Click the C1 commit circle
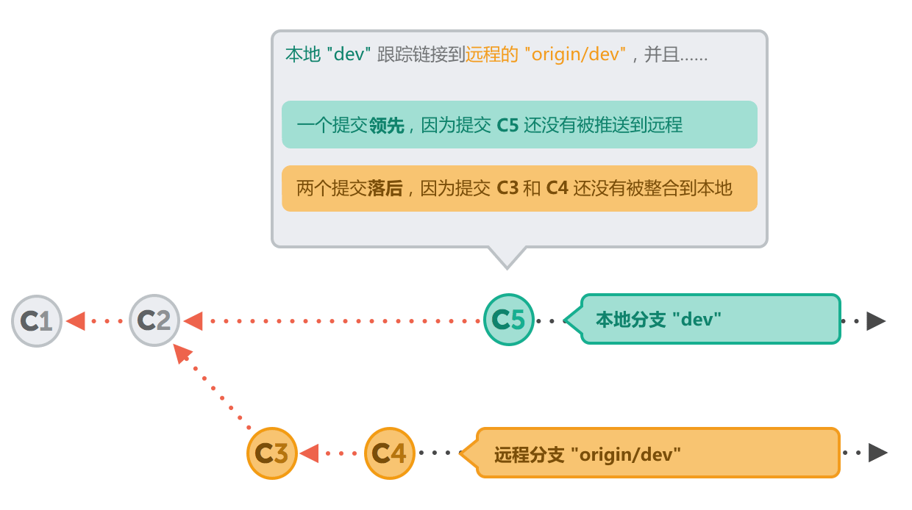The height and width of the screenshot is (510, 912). [36, 321]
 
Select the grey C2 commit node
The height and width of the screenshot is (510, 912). [154, 321]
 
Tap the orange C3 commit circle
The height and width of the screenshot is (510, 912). [272, 453]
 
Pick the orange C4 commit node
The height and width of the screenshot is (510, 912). [390, 453]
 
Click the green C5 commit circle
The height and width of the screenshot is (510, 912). [509, 320]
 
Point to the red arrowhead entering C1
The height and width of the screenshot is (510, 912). [76, 321]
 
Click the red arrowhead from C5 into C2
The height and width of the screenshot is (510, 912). [193, 321]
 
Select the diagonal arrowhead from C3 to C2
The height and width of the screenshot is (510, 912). [182, 355]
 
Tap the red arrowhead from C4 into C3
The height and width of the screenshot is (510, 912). [309, 453]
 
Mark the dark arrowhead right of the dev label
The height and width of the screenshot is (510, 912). [875, 321]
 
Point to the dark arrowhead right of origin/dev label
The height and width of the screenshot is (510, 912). [877, 453]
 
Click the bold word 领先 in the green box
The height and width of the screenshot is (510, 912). [387, 126]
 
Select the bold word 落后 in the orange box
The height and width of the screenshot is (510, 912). [385, 189]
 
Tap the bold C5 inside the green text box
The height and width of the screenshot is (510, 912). [507, 126]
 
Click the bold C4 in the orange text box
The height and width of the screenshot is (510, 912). [557, 189]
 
